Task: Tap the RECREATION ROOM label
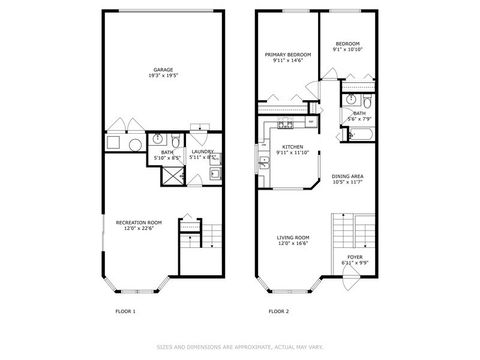139,224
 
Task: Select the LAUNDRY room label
204,154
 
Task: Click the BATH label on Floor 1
165,154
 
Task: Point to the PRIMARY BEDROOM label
287,57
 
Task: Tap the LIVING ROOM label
294,240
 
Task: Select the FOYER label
355,260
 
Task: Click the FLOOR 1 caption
126,312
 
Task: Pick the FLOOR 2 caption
278,312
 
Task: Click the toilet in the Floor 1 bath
174,140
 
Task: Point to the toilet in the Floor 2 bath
368,103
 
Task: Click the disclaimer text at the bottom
239,347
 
